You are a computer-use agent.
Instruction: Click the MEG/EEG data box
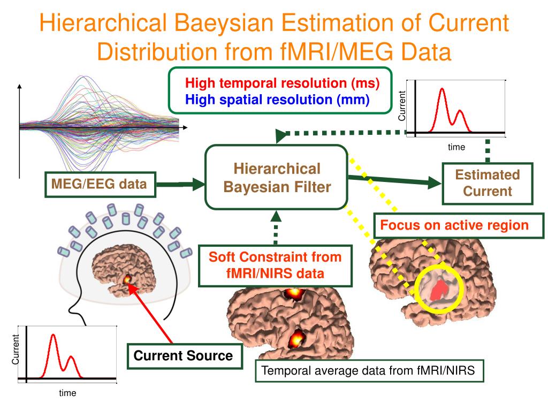99,185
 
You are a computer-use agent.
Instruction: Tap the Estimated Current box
487,183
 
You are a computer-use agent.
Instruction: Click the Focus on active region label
454,225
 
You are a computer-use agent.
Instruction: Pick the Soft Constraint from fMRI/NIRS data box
275,265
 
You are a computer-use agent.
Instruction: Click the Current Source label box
183,355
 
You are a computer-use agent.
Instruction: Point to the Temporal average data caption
369,370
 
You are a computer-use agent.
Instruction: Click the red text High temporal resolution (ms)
282,83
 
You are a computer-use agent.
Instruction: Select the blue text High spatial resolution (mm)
277,100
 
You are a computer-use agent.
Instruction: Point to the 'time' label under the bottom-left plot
67,393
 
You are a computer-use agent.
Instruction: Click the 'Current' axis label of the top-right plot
402,105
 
